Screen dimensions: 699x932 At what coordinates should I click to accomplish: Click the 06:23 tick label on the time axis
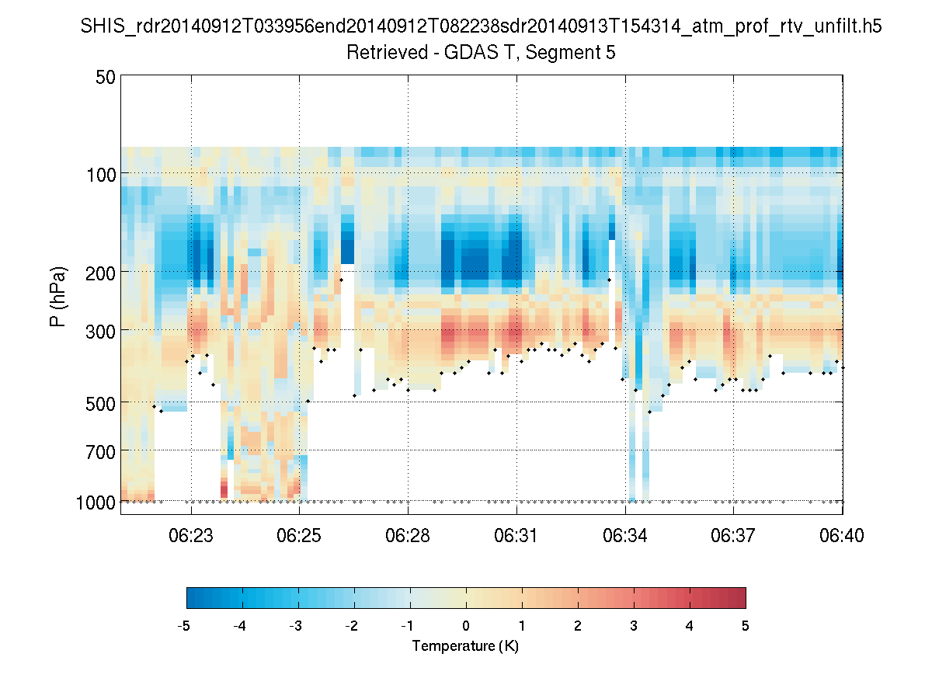191,536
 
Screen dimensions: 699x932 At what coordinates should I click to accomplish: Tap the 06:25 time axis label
299,536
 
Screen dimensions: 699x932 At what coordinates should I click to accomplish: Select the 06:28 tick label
408,536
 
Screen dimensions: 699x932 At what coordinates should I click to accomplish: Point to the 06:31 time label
516,536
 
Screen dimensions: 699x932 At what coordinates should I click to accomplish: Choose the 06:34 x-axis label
625,536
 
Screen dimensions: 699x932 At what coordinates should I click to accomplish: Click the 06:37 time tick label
733,536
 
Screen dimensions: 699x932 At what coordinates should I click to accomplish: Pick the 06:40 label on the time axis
842,536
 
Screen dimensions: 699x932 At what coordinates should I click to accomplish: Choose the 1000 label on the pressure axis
96,503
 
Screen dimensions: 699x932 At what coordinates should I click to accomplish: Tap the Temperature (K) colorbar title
465,646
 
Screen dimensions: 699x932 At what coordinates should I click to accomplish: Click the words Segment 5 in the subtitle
574,53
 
